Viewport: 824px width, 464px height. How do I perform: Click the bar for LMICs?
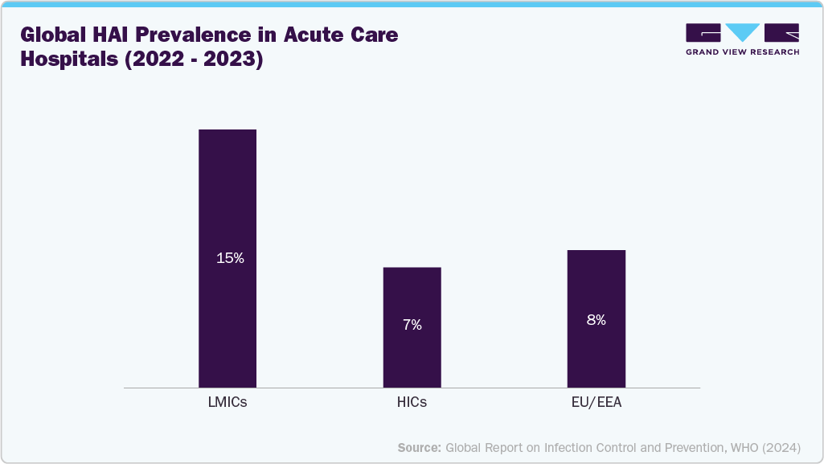click(228, 201)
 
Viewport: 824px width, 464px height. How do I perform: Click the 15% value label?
click(229, 259)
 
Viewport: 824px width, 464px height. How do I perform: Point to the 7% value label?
click(412, 325)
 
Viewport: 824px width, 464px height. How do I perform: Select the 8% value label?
click(596, 319)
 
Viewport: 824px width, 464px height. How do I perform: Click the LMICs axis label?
click(228, 403)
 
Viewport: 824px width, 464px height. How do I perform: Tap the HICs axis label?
click(412, 403)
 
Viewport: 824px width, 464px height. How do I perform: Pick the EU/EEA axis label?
click(596, 403)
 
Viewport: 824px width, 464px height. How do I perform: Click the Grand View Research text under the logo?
click(742, 52)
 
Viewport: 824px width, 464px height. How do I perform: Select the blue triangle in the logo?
click(742, 33)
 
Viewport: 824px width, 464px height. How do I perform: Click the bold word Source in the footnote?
click(420, 447)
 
